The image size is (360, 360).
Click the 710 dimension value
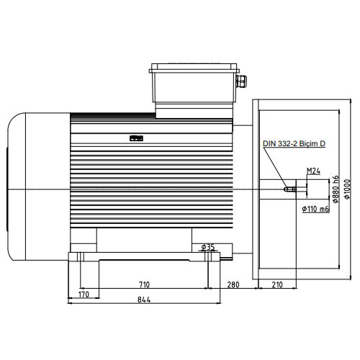click(x=144, y=284)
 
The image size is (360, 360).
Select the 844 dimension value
click(x=144, y=300)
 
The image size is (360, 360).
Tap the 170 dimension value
click(x=84, y=294)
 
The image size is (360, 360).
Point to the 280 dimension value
click(x=233, y=284)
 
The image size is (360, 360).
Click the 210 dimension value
click(x=277, y=284)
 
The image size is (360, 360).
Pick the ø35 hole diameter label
click(x=208, y=247)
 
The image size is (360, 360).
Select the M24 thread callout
click(x=313, y=171)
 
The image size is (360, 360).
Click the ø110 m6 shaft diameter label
click(x=315, y=209)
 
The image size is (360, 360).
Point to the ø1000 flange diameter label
click(x=347, y=189)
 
